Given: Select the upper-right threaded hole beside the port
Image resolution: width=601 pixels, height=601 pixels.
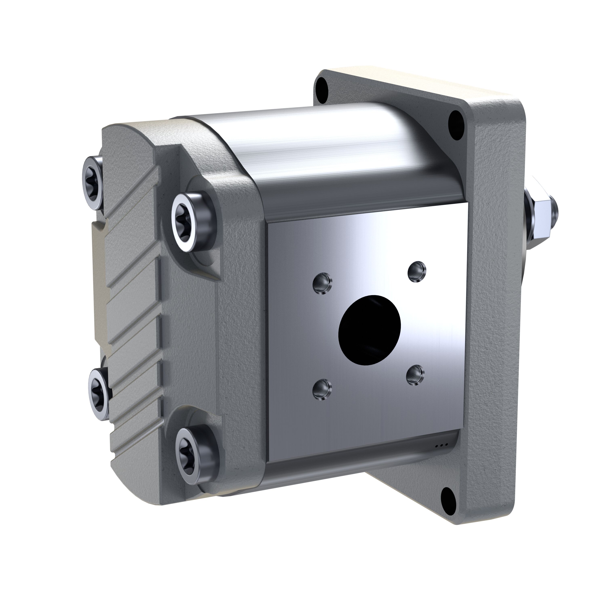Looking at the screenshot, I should [x=417, y=271].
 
